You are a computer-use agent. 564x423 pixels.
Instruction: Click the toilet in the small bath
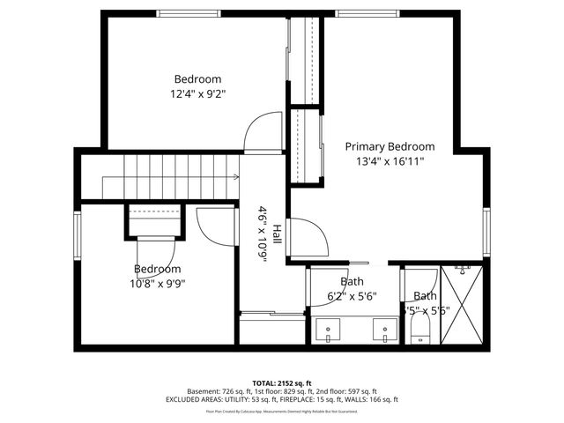click(x=419, y=330)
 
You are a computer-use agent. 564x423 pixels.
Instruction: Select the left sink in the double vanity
click(x=329, y=332)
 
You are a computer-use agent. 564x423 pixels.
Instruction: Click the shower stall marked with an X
click(x=462, y=304)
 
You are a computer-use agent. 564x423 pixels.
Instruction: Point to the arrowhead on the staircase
click(x=237, y=177)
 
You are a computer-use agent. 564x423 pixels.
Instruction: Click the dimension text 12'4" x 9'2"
click(x=197, y=93)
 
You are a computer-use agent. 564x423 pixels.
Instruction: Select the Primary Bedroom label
click(x=390, y=146)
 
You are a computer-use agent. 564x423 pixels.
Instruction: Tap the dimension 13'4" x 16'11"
click(x=390, y=161)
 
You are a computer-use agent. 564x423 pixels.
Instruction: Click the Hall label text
click(x=277, y=234)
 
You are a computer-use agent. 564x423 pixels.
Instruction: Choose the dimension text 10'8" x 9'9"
click(x=158, y=284)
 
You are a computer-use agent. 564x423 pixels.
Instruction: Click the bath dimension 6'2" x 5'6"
click(x=352, y=297)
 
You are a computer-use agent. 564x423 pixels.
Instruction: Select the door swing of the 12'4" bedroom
click(x=262, y=132)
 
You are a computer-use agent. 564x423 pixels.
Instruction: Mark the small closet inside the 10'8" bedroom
click(x=155, y=221)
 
